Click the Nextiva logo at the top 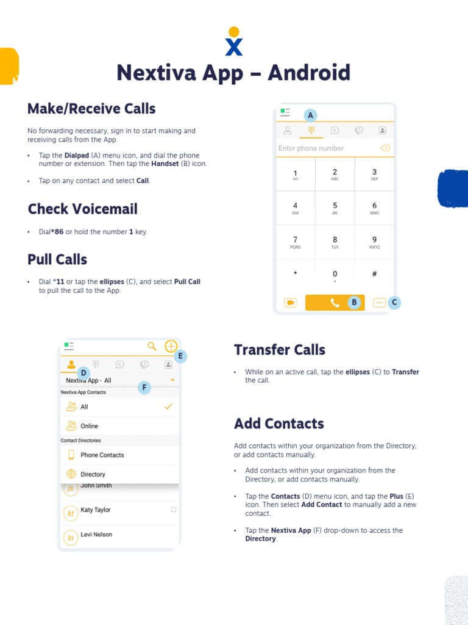[234, 41]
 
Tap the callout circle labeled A [310, 115]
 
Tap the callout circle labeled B [354, 302]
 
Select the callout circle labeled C [394, 302]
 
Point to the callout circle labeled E [180, 356]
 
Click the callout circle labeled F [144, 388]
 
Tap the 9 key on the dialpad [374, 242]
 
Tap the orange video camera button [290, 303]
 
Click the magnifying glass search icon [152, 346]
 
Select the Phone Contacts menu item [102, 455]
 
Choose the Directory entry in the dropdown [93, 474]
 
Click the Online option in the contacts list [89, 426]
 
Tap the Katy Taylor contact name [96, 510]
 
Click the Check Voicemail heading [83, 209]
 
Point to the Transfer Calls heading [280, 350]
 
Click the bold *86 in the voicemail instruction [58, 232]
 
